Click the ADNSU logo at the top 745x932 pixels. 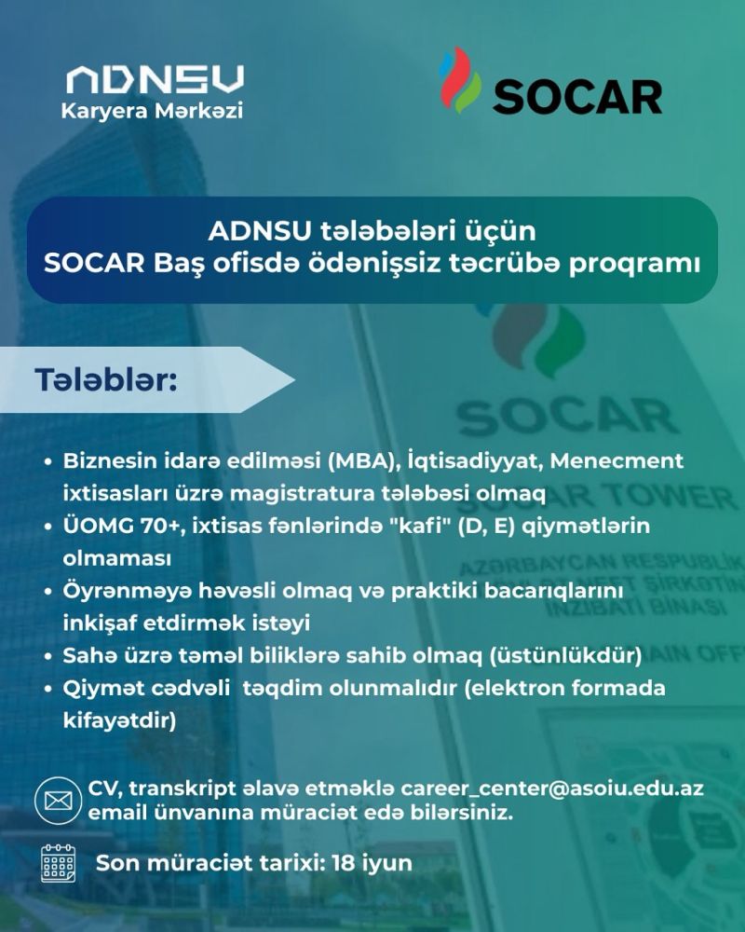155,79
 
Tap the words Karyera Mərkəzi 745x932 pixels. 152,111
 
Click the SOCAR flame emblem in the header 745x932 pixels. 460,80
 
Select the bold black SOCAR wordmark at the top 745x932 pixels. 576,97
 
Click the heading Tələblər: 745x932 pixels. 106,380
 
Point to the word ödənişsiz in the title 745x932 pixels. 373,264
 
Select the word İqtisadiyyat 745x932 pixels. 474,461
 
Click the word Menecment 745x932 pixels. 616,460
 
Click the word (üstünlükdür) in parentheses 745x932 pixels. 565,655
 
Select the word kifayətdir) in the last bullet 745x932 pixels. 119,720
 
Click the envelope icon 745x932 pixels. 58,800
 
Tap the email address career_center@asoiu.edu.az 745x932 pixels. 552,789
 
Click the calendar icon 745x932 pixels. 59,863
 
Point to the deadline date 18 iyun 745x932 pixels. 372,863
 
